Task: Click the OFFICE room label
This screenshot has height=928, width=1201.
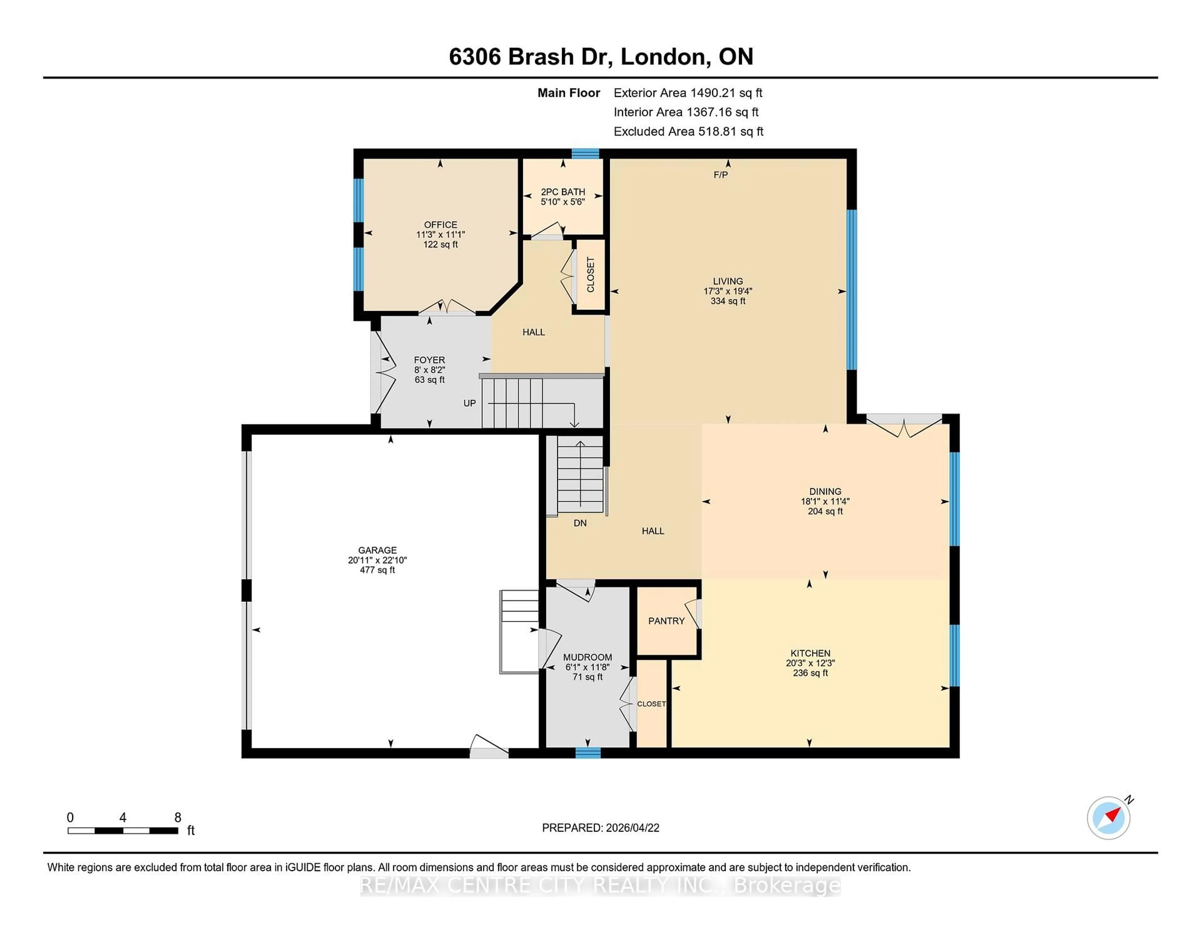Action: point(440,224)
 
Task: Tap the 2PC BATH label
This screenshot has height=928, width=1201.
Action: point(563,192)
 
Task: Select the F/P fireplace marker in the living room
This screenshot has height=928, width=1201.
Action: point(720,175)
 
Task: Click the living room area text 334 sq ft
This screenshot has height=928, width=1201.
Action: point(727,301)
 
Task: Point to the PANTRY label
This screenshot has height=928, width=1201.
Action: point(666,621)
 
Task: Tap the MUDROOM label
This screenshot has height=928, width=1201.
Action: point(587,657)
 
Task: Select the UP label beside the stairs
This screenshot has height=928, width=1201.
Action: point(469,403)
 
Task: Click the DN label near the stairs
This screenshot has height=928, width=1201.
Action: point(580,523)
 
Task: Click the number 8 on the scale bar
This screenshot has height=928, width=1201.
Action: point(178,818)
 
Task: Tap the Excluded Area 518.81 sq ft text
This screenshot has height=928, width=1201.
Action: point(688,131)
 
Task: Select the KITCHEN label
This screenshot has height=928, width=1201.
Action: point(810,653)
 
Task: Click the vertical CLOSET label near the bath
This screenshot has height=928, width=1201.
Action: point(590,275)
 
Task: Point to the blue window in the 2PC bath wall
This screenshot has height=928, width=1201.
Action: point(585,154)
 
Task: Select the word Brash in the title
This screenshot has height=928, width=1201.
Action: point(540,57)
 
